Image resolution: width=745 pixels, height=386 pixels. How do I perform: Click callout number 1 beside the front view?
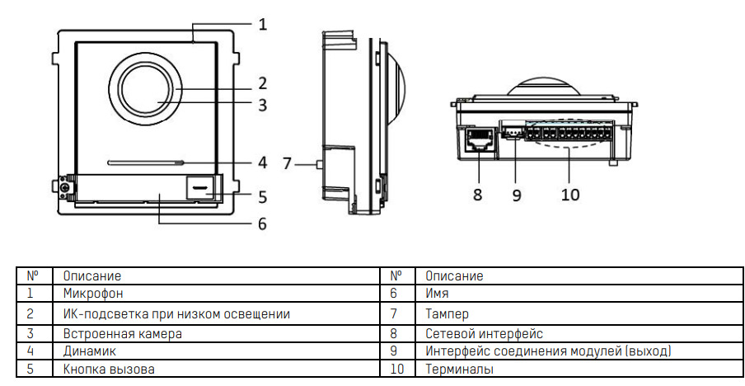pyautogui.click(x=262, y=24)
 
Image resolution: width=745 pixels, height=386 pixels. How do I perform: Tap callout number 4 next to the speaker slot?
pyautogui.click(x=262, y=162)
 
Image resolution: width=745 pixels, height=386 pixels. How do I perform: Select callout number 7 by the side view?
pyautogui.click(x=288, y=163)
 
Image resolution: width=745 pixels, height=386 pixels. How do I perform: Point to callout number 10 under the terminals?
pyautogui.click(x=569, y=195)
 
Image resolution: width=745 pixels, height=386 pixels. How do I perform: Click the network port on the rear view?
pyautogui.click(x=479, y=141)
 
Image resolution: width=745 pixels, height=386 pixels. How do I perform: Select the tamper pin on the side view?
pyautogui.click(x=319, y=164)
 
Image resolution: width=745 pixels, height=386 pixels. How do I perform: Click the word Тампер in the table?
pyautogui.click(x=447, y=313)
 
